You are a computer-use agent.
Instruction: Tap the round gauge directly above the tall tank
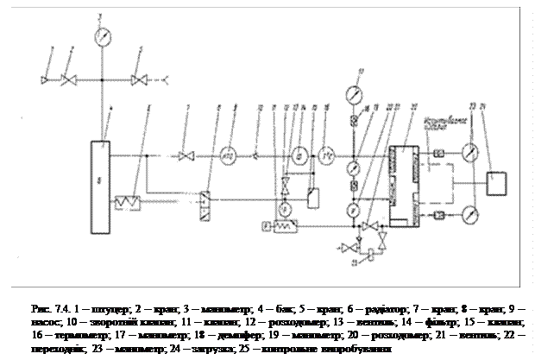click(104, 36)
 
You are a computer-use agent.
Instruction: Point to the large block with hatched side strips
click(404, 186)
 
